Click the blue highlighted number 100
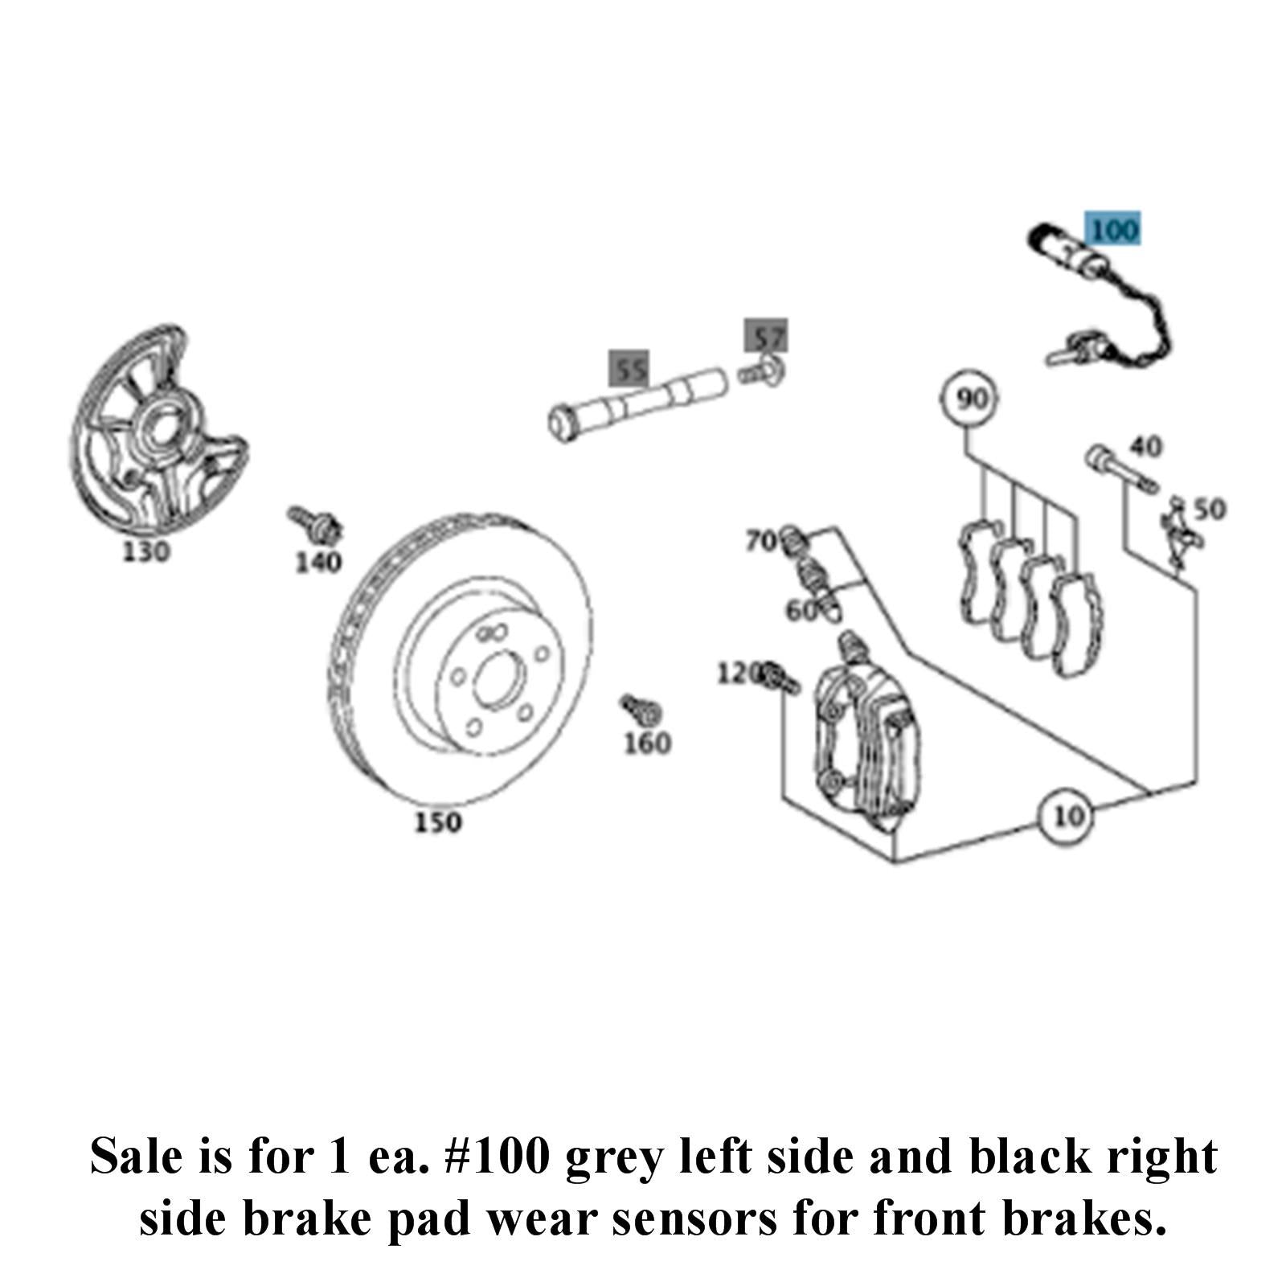pos(1113,230)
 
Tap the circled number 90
pos(972,399)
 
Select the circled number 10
pos(1068,817)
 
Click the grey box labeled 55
pos(630,371)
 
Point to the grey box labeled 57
pos(766,337)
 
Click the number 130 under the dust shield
pos(146,552)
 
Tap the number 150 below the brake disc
pos(438,822)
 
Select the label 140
pos(318,562)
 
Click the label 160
pos(647,743)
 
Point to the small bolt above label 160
pos(641,709)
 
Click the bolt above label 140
pos(314,522)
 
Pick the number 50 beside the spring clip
pos(1209,509)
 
